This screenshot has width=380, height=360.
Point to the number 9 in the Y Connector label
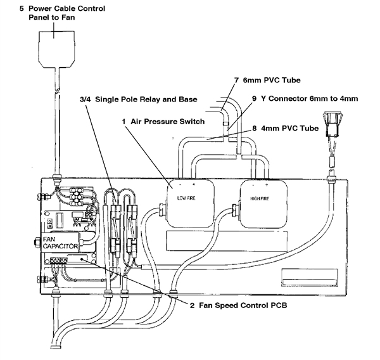click(x=254, y=99)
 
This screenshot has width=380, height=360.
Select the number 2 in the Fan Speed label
click(x=192, y=305)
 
